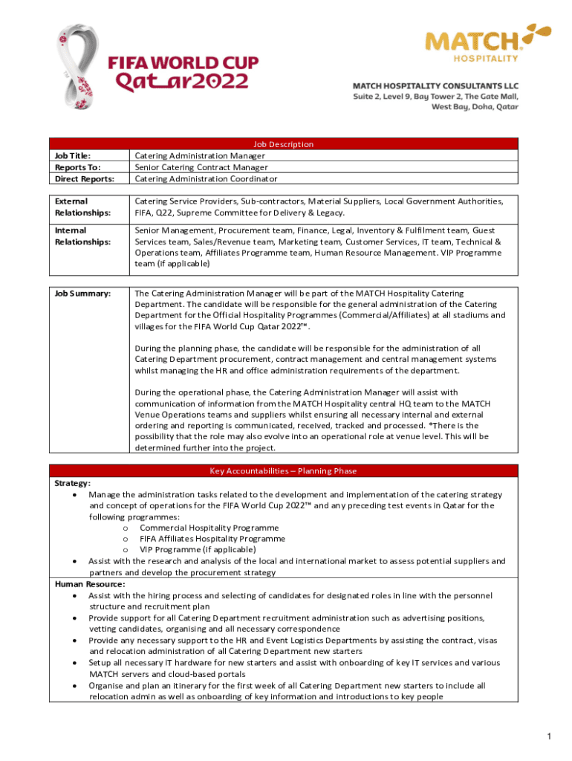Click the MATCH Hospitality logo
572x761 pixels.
(x=487, y=42)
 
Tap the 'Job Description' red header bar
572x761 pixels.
(x=284, y=144)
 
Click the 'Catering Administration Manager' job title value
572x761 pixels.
(x=200, y=156)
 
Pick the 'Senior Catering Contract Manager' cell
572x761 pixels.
(x=201, y=167)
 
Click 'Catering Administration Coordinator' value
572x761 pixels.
(x=206, y=179)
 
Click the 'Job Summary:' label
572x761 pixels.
(x=82, y=294)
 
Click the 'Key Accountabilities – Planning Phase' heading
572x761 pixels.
(x=284, y=470)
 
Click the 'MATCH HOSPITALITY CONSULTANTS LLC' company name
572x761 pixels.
(x=435, y=85)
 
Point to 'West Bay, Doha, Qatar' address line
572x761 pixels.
(x=475, y=106)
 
